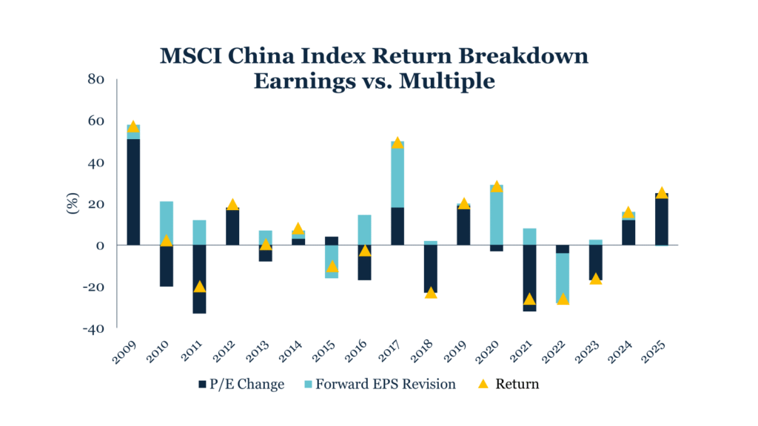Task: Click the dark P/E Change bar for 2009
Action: click(x=133, y=192)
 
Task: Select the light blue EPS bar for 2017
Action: click(x=398, y=174)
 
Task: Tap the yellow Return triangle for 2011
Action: click(x=199, y=287)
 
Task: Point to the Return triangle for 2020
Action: click(x=497, y=186)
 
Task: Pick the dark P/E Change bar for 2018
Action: click(x=431, y=268)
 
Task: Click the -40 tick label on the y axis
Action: click(x=95, y=328)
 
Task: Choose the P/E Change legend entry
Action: click(x=241, y=385)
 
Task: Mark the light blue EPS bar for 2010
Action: click(x=167, y=223)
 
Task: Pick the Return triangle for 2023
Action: click(x=596, y=279)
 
